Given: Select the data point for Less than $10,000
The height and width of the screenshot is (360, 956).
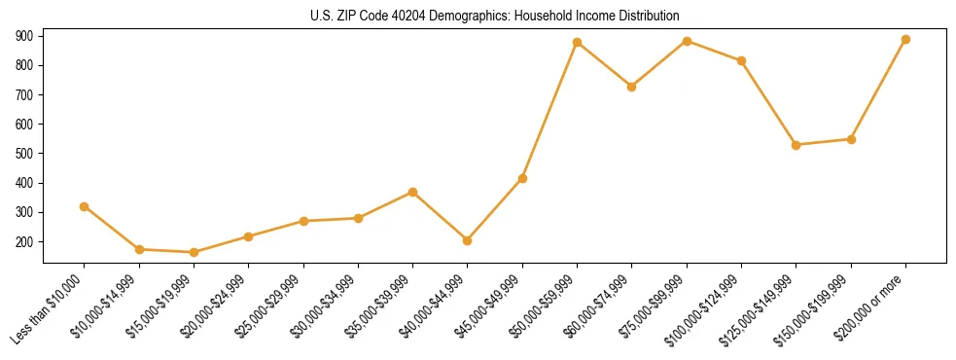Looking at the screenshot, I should click(85, 206).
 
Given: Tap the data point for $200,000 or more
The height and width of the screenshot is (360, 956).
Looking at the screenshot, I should click(905, 40).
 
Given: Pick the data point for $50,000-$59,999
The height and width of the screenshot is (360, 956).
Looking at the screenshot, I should click(577, 43).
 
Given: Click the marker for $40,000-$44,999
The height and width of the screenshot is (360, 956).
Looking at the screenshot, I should click(468, 240).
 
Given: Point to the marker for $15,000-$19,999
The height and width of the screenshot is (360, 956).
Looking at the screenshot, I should click(194, 252).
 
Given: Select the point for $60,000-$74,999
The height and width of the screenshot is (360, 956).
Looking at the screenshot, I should click(632, 87).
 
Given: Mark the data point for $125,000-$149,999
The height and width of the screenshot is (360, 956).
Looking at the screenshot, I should click(797, 145).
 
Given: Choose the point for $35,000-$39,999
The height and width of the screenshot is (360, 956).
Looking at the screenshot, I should click(412, 192).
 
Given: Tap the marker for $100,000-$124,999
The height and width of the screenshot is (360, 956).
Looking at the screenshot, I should click(741, 60).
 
